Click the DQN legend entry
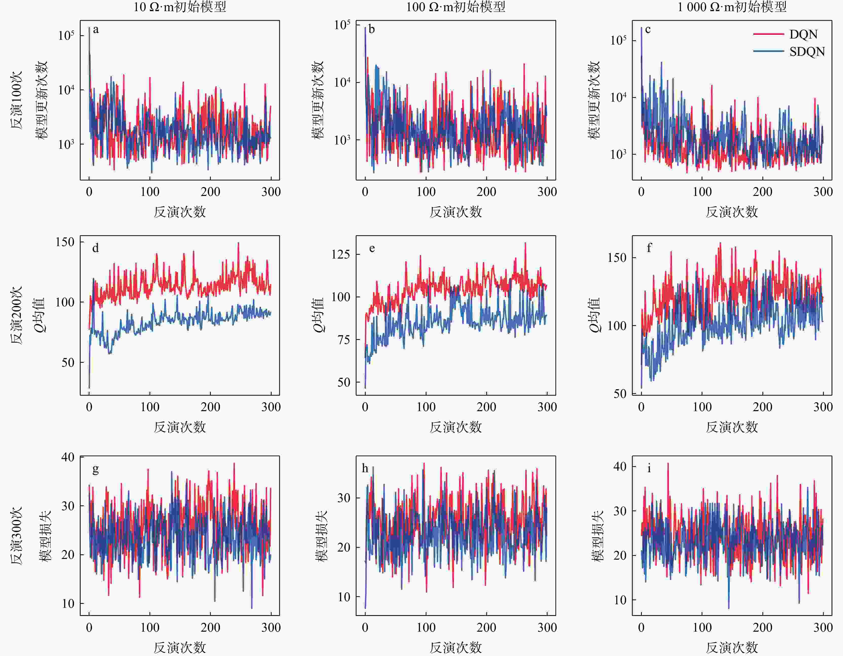[x=803, y=34]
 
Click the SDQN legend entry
[x=807, y=52]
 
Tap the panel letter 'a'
[x=96, y=29]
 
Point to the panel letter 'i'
[x=649, y=468]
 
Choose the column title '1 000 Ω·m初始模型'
[x=732, y=7]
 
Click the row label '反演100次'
[x=16, y=100]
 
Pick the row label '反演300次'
[x=16, y=536]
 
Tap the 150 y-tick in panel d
[x=65, y=242]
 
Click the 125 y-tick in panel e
[x=341, y=254]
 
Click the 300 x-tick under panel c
[x=823, y=192]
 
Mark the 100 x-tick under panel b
[x=426, y=192]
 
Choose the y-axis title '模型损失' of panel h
[x=321, y=536]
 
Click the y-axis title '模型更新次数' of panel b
[x=318, y=100]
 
